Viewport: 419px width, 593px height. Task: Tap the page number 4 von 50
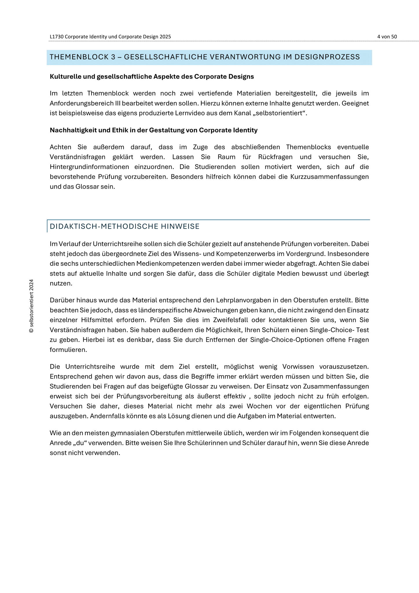[387, 37]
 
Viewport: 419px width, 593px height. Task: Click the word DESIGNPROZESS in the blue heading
[327, 57]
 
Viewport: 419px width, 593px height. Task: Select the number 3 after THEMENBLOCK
[113, 57]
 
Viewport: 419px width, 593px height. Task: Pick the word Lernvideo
[189, 113]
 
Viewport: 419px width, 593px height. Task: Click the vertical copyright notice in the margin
[32, 306]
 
